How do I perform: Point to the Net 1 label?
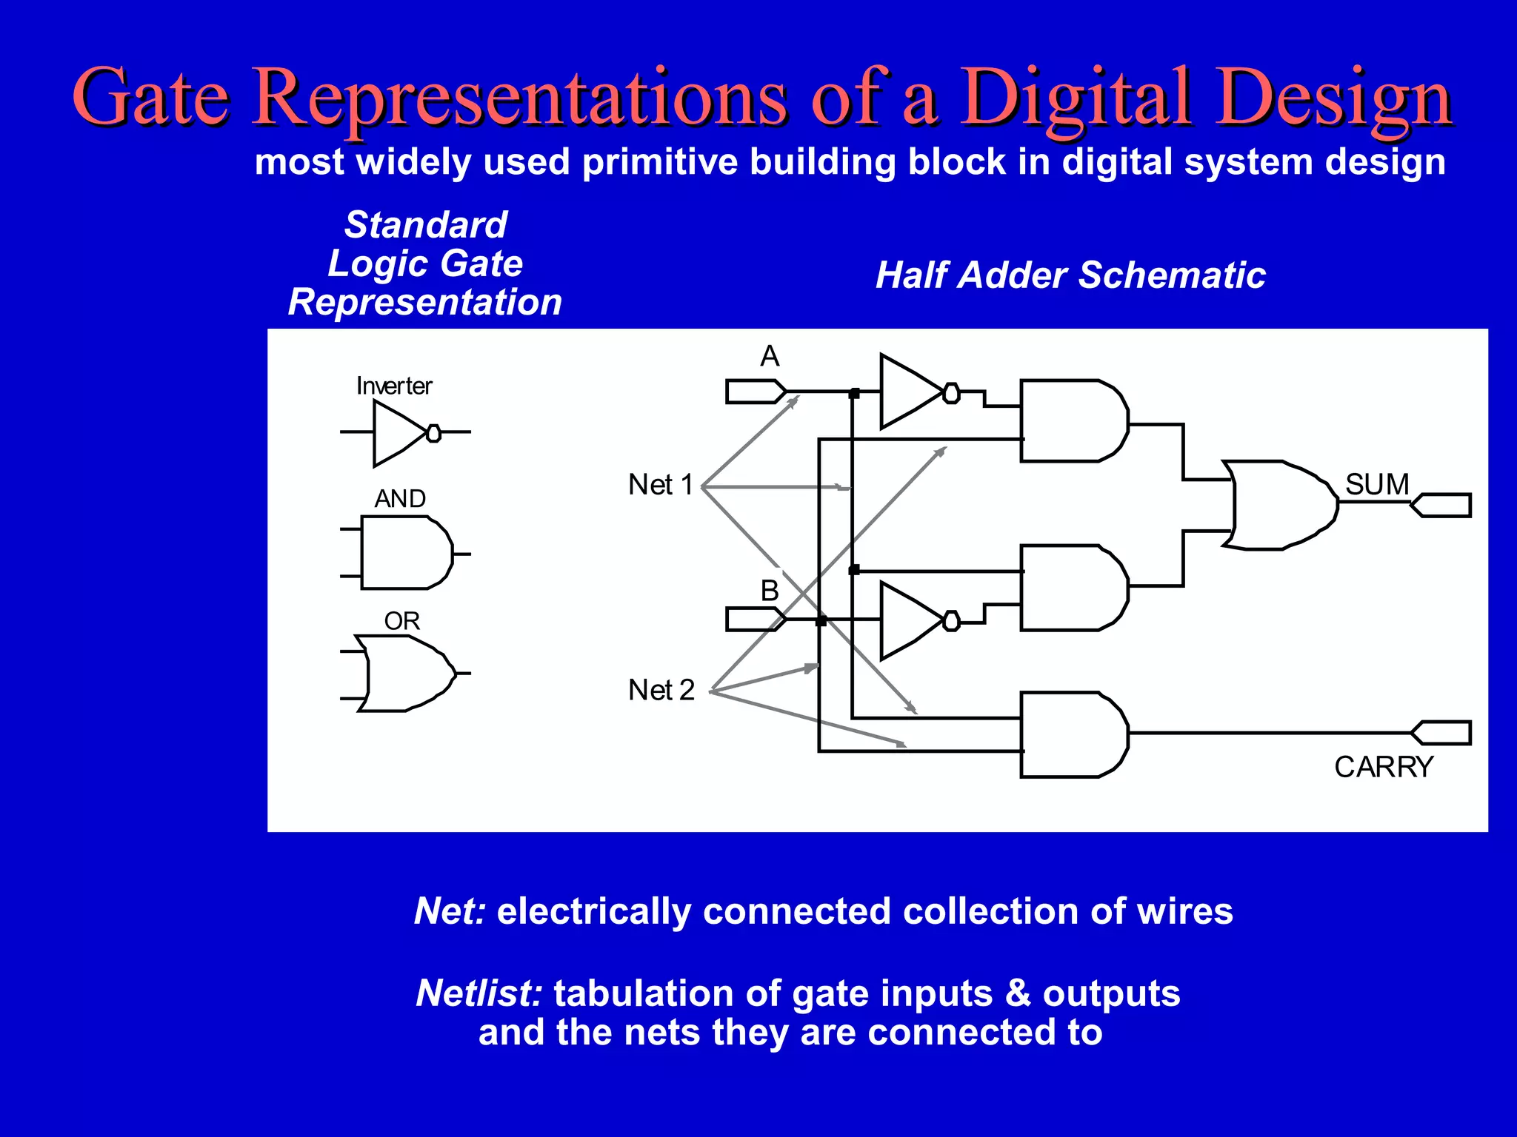coord(661,485)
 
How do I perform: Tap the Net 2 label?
coord(661,690)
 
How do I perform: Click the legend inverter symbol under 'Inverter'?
coord(400,433)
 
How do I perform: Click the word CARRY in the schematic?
coord(1384,767)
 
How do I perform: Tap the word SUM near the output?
coord(1377,484)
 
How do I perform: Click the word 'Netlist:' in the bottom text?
coord(479,993)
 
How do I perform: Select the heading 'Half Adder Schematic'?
coord(1070,275)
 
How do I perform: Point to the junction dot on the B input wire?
coord(821,620)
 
